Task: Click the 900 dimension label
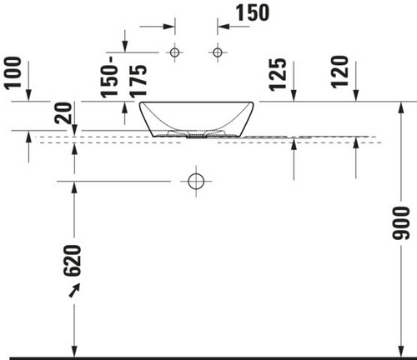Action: [x=401, y=222]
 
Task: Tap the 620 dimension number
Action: [x=73, y=261]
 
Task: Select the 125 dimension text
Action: [x=278, y=74]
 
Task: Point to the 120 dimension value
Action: [x=339, y=72]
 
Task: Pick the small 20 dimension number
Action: [x=63, y=113]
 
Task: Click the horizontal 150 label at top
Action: [x=253, y=12]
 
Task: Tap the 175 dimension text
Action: [x=138, y=82]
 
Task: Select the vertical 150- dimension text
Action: [x=109, y=77]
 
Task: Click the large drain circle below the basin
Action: [x=196, y=173]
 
